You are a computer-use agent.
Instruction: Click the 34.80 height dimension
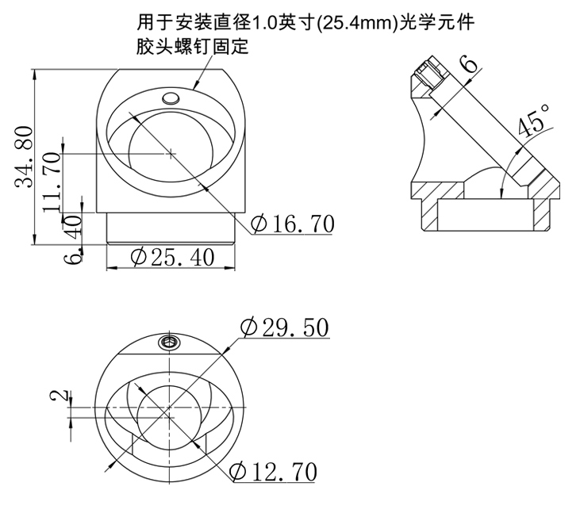[x=24, y=157]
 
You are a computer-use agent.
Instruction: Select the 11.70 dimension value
[x=51, y=182]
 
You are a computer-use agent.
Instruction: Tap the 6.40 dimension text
[x=72, y=239]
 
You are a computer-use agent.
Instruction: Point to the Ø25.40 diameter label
[x=172, y=257]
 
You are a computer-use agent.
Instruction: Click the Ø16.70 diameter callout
[x=292, y=224]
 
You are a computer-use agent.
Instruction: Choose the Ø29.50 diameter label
[x=285, y=327]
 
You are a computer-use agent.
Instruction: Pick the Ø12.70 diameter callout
[x=274, y=471]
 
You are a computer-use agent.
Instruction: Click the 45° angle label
[x=533, y=120]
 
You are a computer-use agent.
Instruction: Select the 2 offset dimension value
[x=60, y=396]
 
